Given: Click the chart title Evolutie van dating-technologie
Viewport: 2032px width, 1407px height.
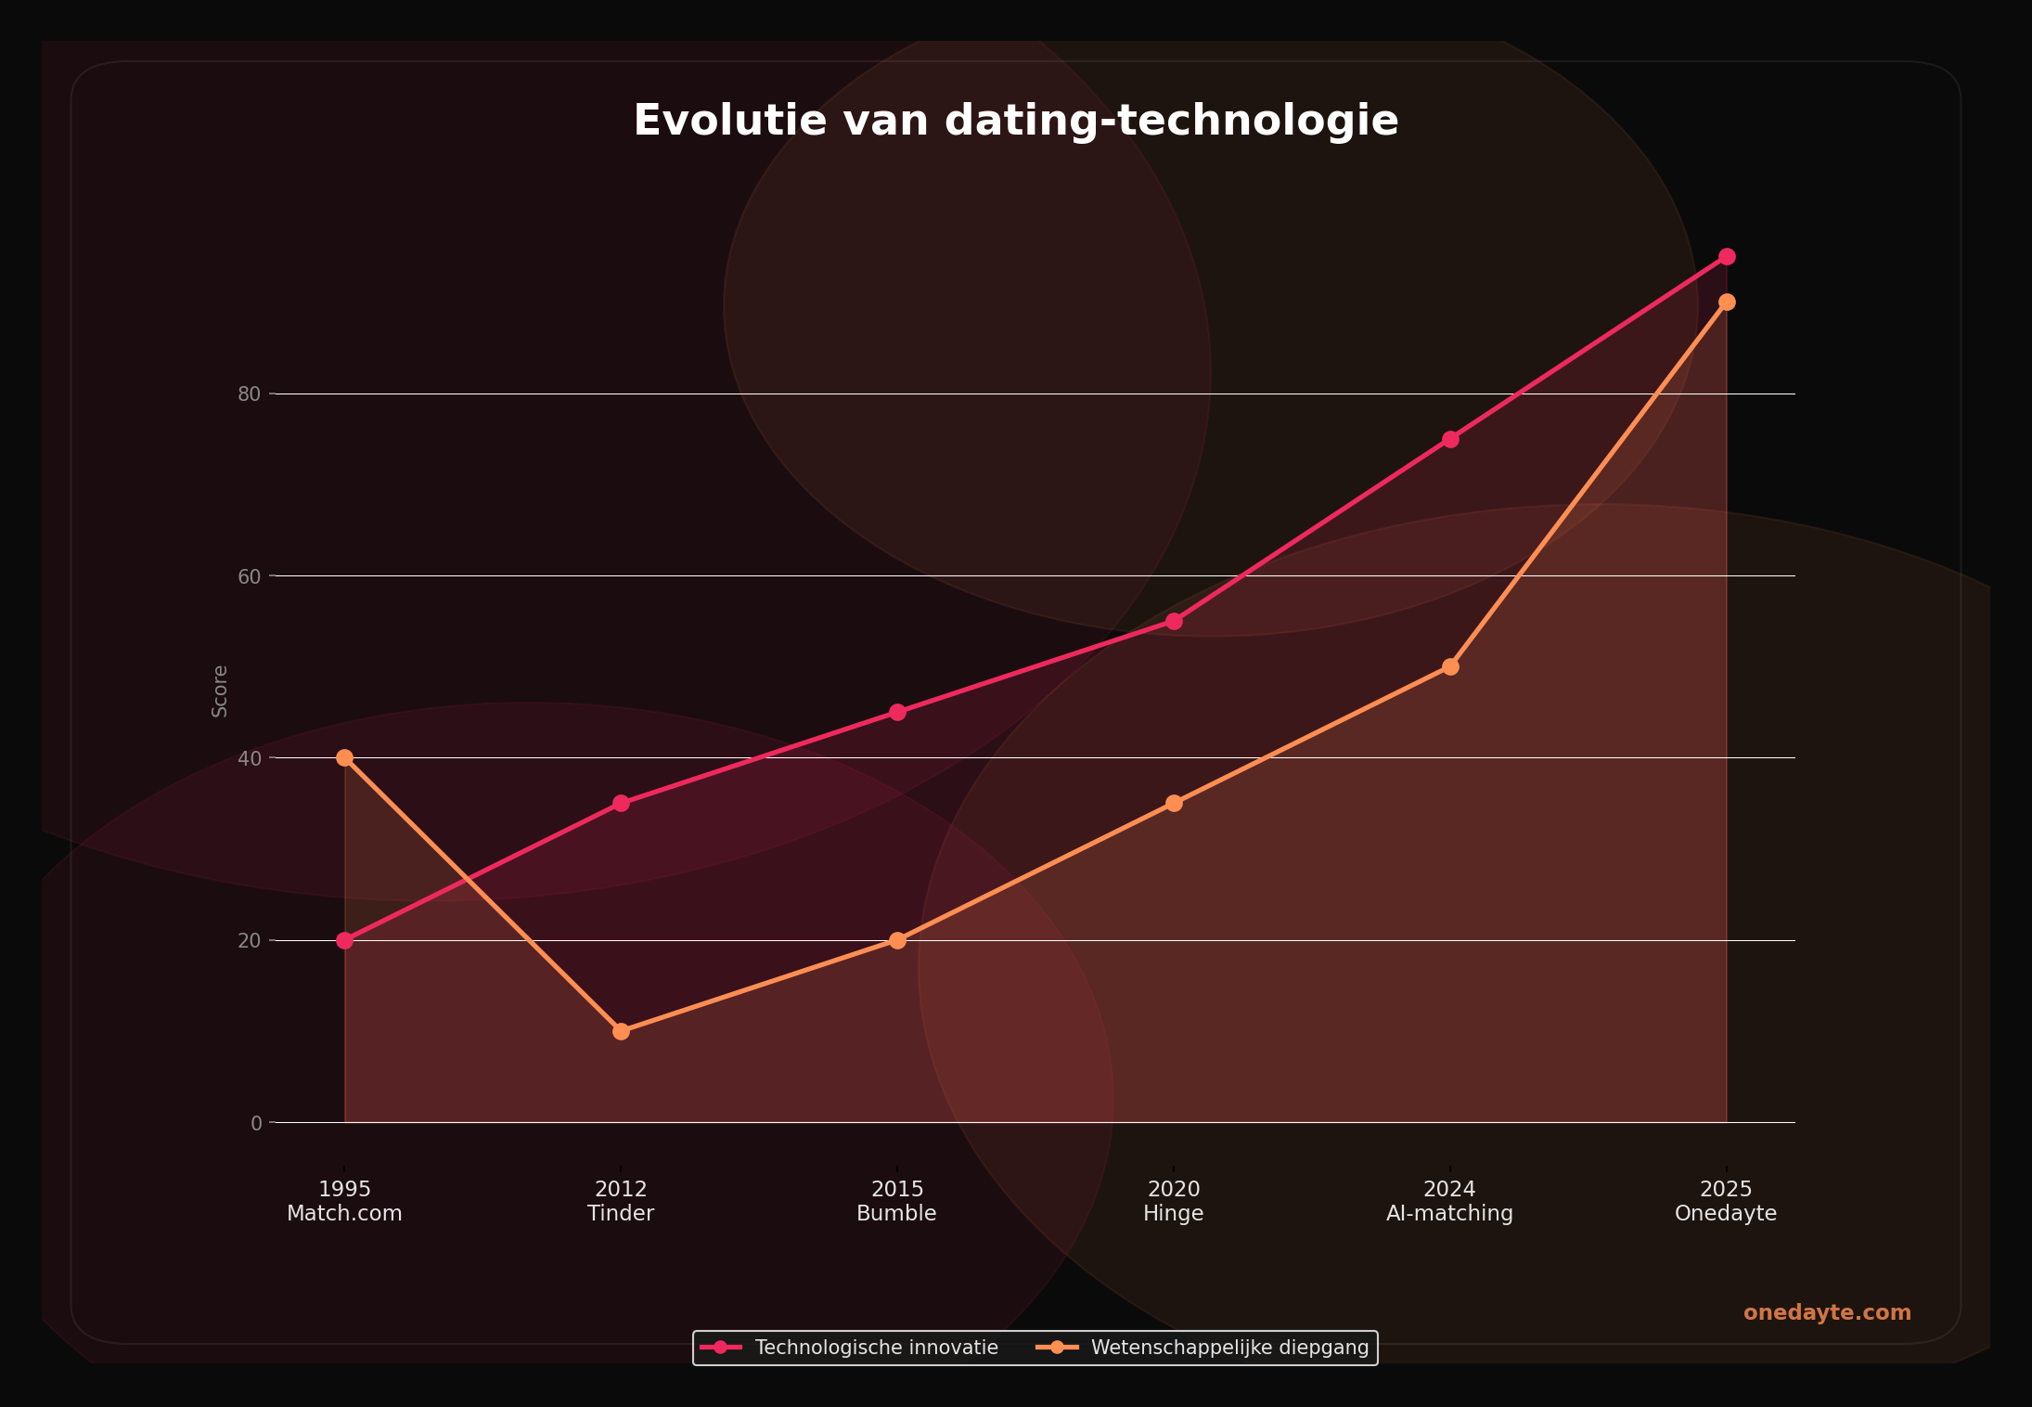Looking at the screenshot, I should pyautogui.click(x=1016, y=122).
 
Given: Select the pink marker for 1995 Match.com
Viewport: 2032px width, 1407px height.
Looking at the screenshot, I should pyautogui.click(x=345, y=940).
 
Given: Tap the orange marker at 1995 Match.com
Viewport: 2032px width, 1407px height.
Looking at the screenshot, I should pyautogui.click(x=345, y=757).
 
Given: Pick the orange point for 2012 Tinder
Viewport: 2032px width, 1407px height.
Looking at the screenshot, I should pyautogui.click(x=621, y=1031).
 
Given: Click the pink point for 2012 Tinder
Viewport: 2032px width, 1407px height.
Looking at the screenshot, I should pyautogui.click(x=621, y=803).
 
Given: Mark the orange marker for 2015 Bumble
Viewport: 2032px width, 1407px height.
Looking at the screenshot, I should pyautogui.click(x=897, y=940).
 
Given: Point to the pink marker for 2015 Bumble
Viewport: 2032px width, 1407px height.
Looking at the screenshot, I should pyautogui.click(x=897, y=712).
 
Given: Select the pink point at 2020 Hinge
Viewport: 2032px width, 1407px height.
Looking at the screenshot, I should pyautogui.click(x=1174, y=621).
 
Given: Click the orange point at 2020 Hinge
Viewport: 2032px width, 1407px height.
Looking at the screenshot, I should pyautogui.click(x=1174, y=803).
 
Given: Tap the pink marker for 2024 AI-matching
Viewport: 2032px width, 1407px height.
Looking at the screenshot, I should pyautogui.click(x=1450, y=439).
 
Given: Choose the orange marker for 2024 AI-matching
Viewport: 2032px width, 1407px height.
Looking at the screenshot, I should pyautogui.click(x=1450, y=666).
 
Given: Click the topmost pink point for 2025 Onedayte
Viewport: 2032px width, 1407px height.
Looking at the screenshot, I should pyautogui.click(x=1727, y=256).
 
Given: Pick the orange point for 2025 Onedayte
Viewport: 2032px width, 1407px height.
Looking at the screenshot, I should pyautogui.click(x=1727, y=302).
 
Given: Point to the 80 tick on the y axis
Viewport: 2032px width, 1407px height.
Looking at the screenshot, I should pyautogui.click(x=249, y=394).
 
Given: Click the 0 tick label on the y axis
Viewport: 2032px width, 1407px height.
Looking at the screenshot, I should pyautogui.click(x=256, y=1123).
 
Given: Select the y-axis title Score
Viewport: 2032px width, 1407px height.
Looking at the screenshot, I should pyautogui.click(x=220, y=691).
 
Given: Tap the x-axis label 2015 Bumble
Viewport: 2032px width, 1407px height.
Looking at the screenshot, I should pyautogui.click(x=897, y=1201).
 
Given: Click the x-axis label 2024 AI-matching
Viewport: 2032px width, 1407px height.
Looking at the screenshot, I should pyautogui.click(x=1450, y=1201).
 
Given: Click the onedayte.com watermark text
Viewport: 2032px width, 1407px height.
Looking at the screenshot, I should pyautogui.click(x=1827, y=1312).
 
